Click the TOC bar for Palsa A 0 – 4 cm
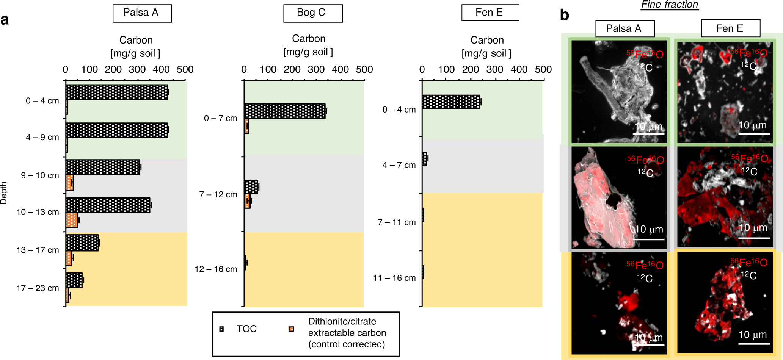pyautogui.click(x=117, y=92)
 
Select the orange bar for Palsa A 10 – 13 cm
pyautogui.click(x=72, y=220)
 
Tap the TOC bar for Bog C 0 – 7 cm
pyautogui.click(x=285, y=111)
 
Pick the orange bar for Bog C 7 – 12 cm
pyautogui.click(x=247, y=201)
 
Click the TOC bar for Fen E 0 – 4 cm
pyautogui.click(x=451, y=102)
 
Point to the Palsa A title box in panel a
pyautogui.click(x=142, y=13)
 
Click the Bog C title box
pyautogui.click(x=313, y=13)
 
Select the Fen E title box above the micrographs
pyautogui.click(x=730, y=28)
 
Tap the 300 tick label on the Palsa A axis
pyautogui.click(x=137, y=70)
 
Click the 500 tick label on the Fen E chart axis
pyautogui.click(x=543, y=70)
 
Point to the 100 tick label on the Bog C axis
pyautogui.click(x=268, y=70)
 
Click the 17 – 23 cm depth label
pyautogui.click(x=38, y=288)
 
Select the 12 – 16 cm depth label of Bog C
pyautogui.click(x=216, y=269)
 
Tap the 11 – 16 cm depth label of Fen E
pyautogui.click(x=394, y=278)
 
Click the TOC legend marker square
pyautogui.click(x=221, y=329)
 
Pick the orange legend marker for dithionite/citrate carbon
pyautogui.click(x=291, y=329)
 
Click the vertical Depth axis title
pyautogui.click(x=4, y=193)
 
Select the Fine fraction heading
pyautogui.click(x=670, y=5)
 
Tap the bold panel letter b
pyautogui.click(x=564, y=15)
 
